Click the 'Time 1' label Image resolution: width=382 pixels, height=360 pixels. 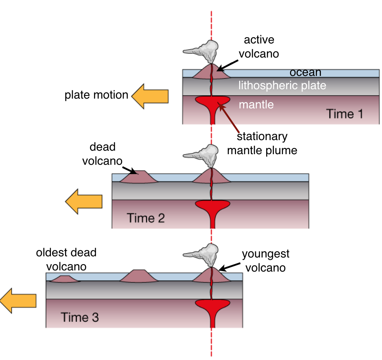[345, 114]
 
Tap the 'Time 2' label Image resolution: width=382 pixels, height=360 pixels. [146, 218]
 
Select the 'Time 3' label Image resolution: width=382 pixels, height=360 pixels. [80, 317]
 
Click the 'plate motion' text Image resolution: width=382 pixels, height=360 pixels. [96, 95]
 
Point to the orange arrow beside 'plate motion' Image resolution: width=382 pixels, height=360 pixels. [150, 96]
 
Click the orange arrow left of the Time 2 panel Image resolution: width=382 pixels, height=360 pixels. [83, 201]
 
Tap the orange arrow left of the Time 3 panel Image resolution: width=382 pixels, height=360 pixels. [18, 301]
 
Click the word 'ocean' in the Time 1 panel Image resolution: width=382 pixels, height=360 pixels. [305, 72]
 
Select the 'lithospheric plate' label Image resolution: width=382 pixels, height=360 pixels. [282, 85]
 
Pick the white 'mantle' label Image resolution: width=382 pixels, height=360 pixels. [256, 104]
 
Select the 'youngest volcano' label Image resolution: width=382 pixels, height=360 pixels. [266, 260]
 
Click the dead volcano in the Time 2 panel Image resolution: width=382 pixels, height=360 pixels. [138, 177]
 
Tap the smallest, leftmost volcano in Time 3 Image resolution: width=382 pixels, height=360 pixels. [64, 279]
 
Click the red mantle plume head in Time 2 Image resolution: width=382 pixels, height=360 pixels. [212, 205]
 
